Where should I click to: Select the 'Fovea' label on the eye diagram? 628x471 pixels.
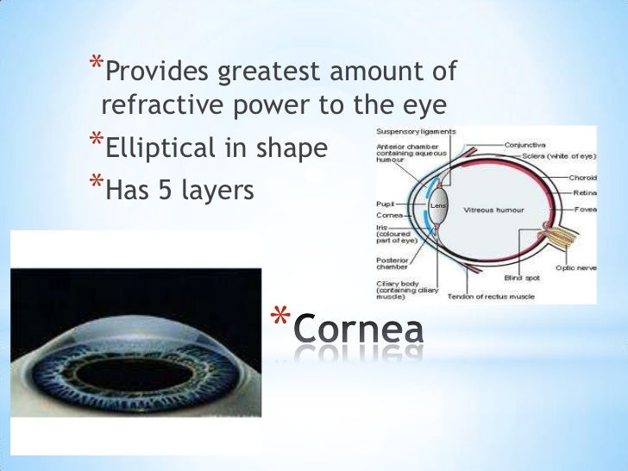tap(586, 208)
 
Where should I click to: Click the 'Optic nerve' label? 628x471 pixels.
tap(575, 267)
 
